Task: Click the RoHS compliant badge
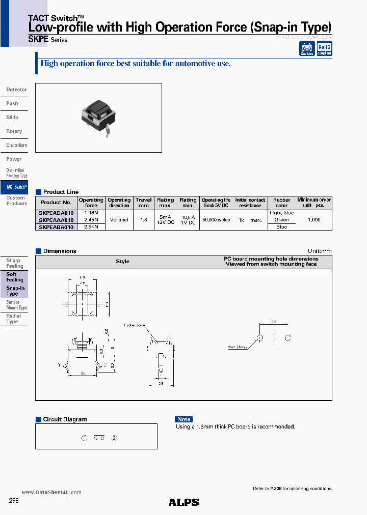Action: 324,48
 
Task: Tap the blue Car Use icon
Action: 307,48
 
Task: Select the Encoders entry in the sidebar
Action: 16,145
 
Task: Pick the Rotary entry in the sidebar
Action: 14,131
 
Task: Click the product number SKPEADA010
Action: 57,213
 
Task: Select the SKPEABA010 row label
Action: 57,227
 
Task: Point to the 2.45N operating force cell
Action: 91,220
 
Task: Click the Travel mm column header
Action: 143,203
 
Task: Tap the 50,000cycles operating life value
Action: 216,220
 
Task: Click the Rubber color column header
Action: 281,203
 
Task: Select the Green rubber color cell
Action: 281,220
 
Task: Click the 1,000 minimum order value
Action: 314,220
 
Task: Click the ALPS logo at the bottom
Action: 183,502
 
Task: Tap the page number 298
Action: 14,501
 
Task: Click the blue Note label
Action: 183,419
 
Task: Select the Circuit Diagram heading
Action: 65,419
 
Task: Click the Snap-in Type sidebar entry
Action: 15,291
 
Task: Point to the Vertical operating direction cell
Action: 119,220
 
